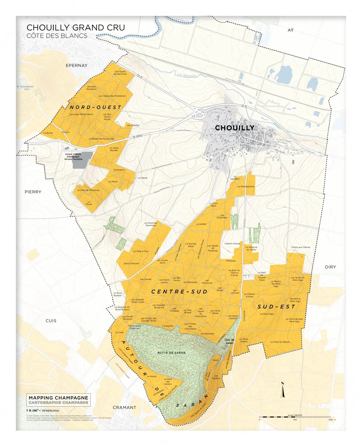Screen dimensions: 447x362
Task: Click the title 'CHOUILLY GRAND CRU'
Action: pyautogui.click(x=76, y=27)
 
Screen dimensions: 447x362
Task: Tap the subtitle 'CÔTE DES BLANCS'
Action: pyautogui.click(x=57, y=36)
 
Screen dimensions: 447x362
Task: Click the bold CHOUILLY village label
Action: pyautogui.click(x=234, y=128)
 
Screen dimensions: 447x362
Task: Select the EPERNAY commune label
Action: pyautogui.click(x=76, y=65)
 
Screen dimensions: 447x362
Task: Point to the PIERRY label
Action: pyautogui.click(x=33, y=192)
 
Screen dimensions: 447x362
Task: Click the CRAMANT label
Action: pyautogui.click(x=124, y=407)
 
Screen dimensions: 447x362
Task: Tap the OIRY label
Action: pyautogui.click(x=330, y=267)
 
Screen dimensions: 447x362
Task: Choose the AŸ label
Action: pyautogui.click(x=291, y=30)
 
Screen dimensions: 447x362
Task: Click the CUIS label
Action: pyautogui.click(x=51, y=321)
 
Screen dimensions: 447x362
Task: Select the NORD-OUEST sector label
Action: pyautogui.click(x=95, y=107)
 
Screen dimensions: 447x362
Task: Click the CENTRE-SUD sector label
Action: pyautogui.click(x=179, y=291)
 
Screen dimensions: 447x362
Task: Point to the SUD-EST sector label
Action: pyautogui.click(x=276, y=307)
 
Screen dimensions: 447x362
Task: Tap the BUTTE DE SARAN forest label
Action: pyautogui.click(x=171, y=353)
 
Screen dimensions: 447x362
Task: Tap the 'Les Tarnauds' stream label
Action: pyautogui.click(x=187, y=75)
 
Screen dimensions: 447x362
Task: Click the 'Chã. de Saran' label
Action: pyautogui.click(x=229, y=341)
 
